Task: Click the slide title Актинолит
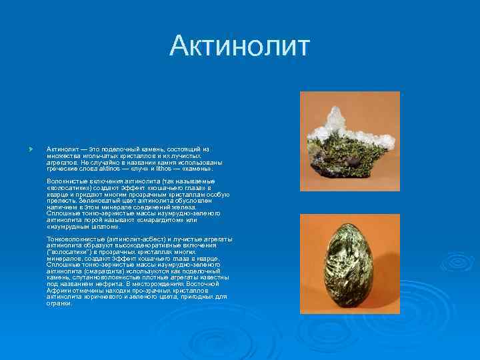(x=240, y=46)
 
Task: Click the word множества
(x=62, y=155)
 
